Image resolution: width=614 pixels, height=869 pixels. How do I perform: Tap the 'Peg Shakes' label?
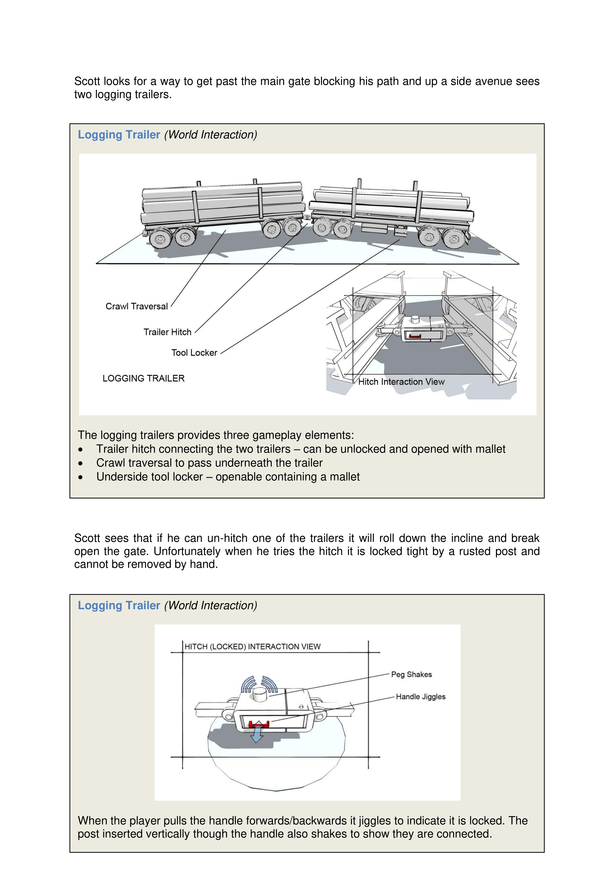tap(411, 674)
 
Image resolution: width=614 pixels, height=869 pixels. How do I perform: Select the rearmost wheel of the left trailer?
tap(160, 238)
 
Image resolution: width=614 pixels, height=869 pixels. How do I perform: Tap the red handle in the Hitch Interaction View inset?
tap(415, 336)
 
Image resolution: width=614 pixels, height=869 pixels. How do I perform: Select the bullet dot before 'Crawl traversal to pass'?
tap(80, 463)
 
